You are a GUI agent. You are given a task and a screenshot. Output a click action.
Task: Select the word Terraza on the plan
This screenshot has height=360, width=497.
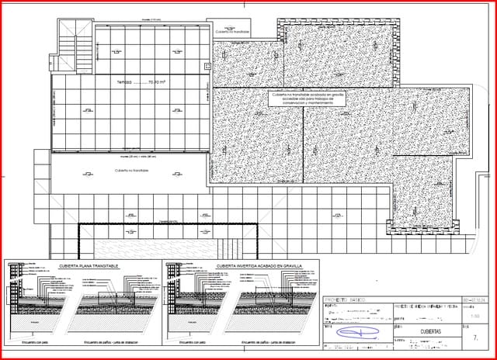125,80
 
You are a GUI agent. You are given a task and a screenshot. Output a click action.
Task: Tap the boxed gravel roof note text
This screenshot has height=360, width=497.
308,99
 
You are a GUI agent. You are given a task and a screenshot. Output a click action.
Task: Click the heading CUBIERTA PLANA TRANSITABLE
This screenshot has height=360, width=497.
89,266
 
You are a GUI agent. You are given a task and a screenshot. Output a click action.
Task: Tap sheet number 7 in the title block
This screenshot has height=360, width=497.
475,337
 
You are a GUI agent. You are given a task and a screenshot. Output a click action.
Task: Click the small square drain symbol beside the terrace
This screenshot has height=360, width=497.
207,67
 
